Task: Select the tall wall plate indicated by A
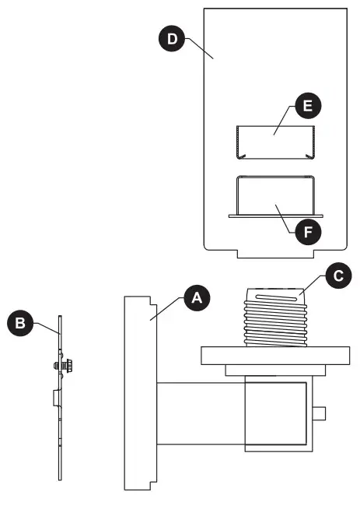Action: tap(141, 392)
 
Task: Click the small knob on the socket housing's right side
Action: tap(320, 412)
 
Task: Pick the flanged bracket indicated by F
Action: tap(275, 198)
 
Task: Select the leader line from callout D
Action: tap(198, 51)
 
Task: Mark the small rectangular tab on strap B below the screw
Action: tap(55, 399)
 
